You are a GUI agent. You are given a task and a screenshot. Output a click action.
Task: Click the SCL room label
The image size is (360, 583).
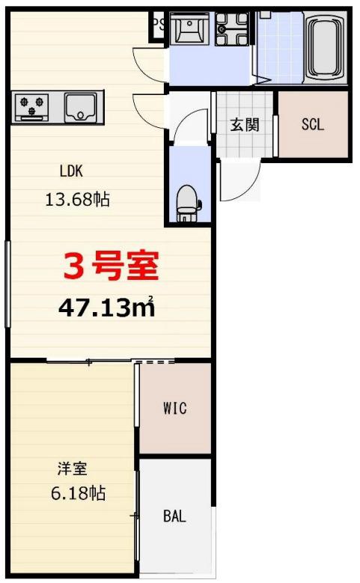tap(313, 124)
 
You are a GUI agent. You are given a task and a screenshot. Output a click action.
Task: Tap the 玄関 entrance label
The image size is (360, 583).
tap(244, 124)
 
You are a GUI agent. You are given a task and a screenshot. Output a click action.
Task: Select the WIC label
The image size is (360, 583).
tap(174, 408)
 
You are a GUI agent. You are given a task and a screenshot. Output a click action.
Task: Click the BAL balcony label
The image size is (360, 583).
tap(174, 516)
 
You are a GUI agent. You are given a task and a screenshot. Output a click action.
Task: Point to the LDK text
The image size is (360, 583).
tap(73, 170)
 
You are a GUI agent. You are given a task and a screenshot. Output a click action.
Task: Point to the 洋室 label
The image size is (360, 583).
tap(73, 469)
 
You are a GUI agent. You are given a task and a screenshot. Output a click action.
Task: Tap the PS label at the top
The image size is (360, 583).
tap(158, 23)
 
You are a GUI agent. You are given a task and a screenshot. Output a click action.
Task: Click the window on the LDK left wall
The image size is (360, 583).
tap(8, 284)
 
